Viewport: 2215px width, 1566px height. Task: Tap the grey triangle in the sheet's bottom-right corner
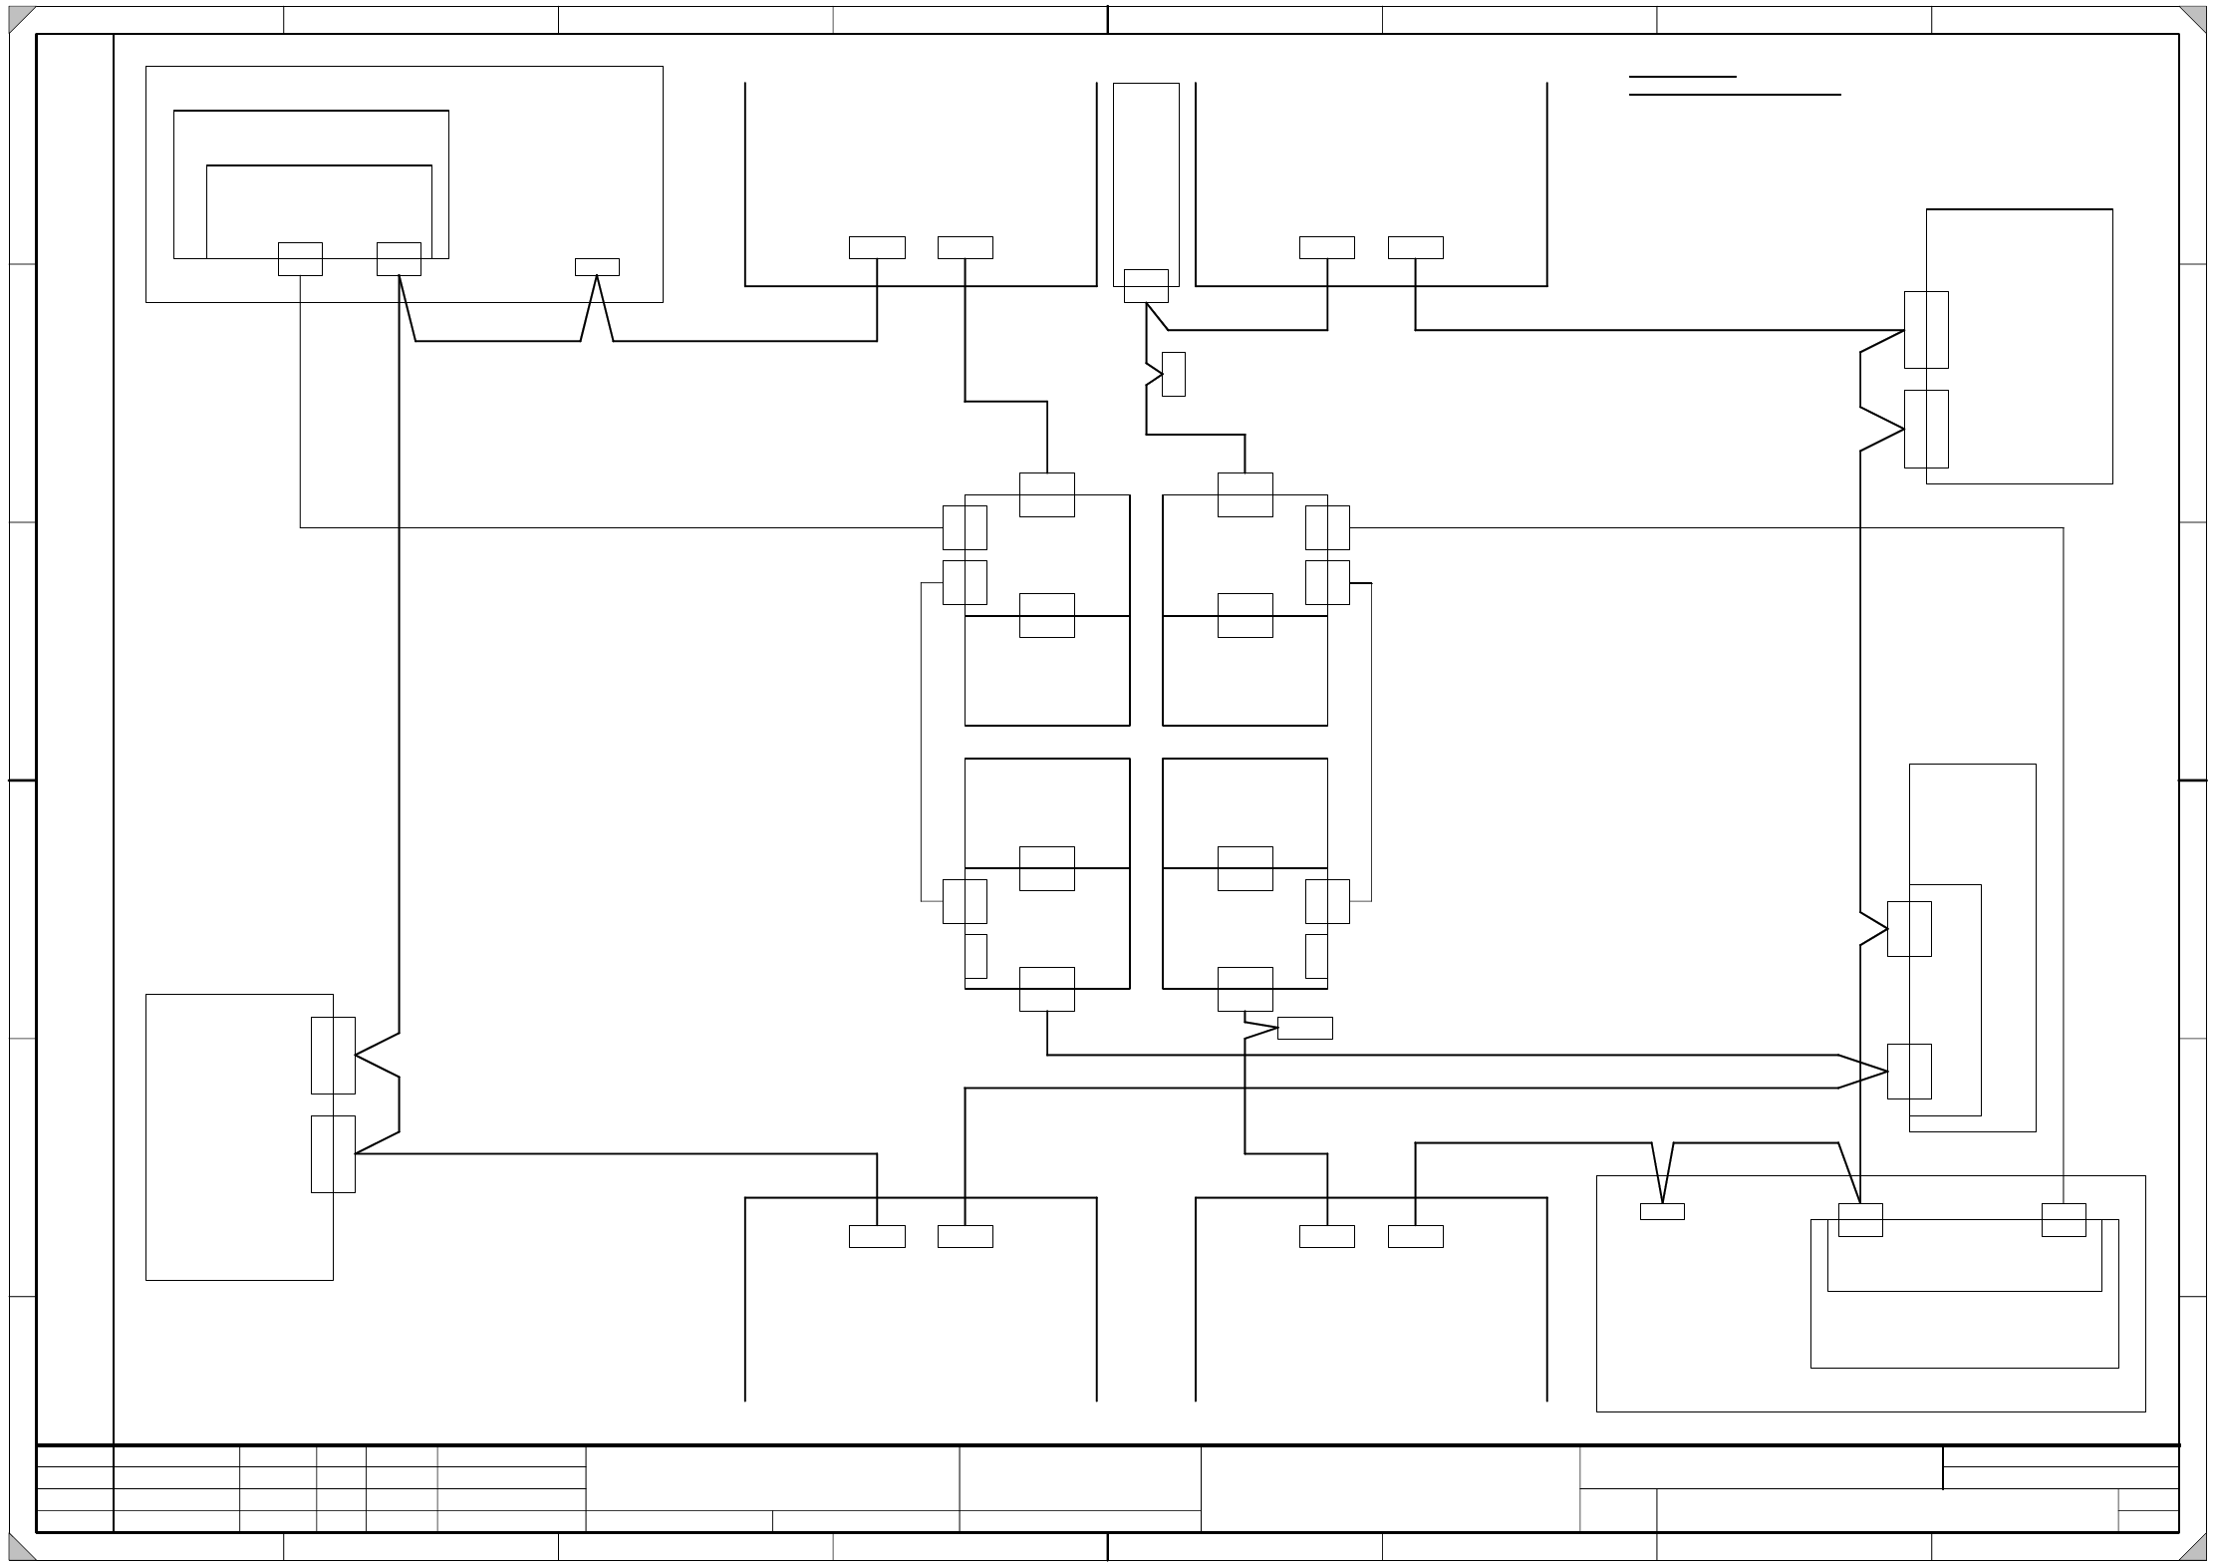pyautogui.click(x=2195, y=1550)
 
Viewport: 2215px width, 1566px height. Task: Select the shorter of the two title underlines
pyautogui.click(x=1682, y=77)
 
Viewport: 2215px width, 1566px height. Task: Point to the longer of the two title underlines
pyautogui.click(x=1734, y=96)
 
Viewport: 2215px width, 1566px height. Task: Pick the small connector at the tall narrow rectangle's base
pyautogui.click(x=1146, y=286)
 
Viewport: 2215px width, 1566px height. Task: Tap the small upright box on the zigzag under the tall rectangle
pyautogui.click(x=1174, y=374)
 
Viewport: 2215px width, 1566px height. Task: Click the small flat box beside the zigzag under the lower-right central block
pyautogui.click(x=1304, y=1028)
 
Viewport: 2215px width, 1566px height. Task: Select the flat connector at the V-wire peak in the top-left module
pyautogui.click(x=597, y=267)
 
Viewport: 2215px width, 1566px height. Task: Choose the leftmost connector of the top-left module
pyautogui.click(x=300, y=259)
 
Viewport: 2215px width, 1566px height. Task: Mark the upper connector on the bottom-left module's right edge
pyautogui.click(x=333, y=1055)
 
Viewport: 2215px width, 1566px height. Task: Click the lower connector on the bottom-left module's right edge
pyautogui.click(x=333, y=1153)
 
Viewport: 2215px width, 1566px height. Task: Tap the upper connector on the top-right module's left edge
pyautogui.click(x=1926, y=330)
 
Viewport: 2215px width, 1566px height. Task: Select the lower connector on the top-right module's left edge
pyautogui.click(x=1926, y=429)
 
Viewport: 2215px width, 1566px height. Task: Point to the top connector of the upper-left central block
pyautogui.click(x=1046, y=494)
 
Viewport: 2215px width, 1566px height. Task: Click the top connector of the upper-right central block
pyautogui.click(x=1245, y=494)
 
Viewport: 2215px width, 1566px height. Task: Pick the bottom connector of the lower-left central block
pyautogui.click(x=1046, y=989)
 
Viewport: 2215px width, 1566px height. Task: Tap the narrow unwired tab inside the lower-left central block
pyautogui.click(x=976, y=956)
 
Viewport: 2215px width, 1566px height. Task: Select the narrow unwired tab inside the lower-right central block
pyautogui.click(x=1316, y=956)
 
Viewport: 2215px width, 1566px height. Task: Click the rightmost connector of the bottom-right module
pyautogui.click(x=2064, y=1220)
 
